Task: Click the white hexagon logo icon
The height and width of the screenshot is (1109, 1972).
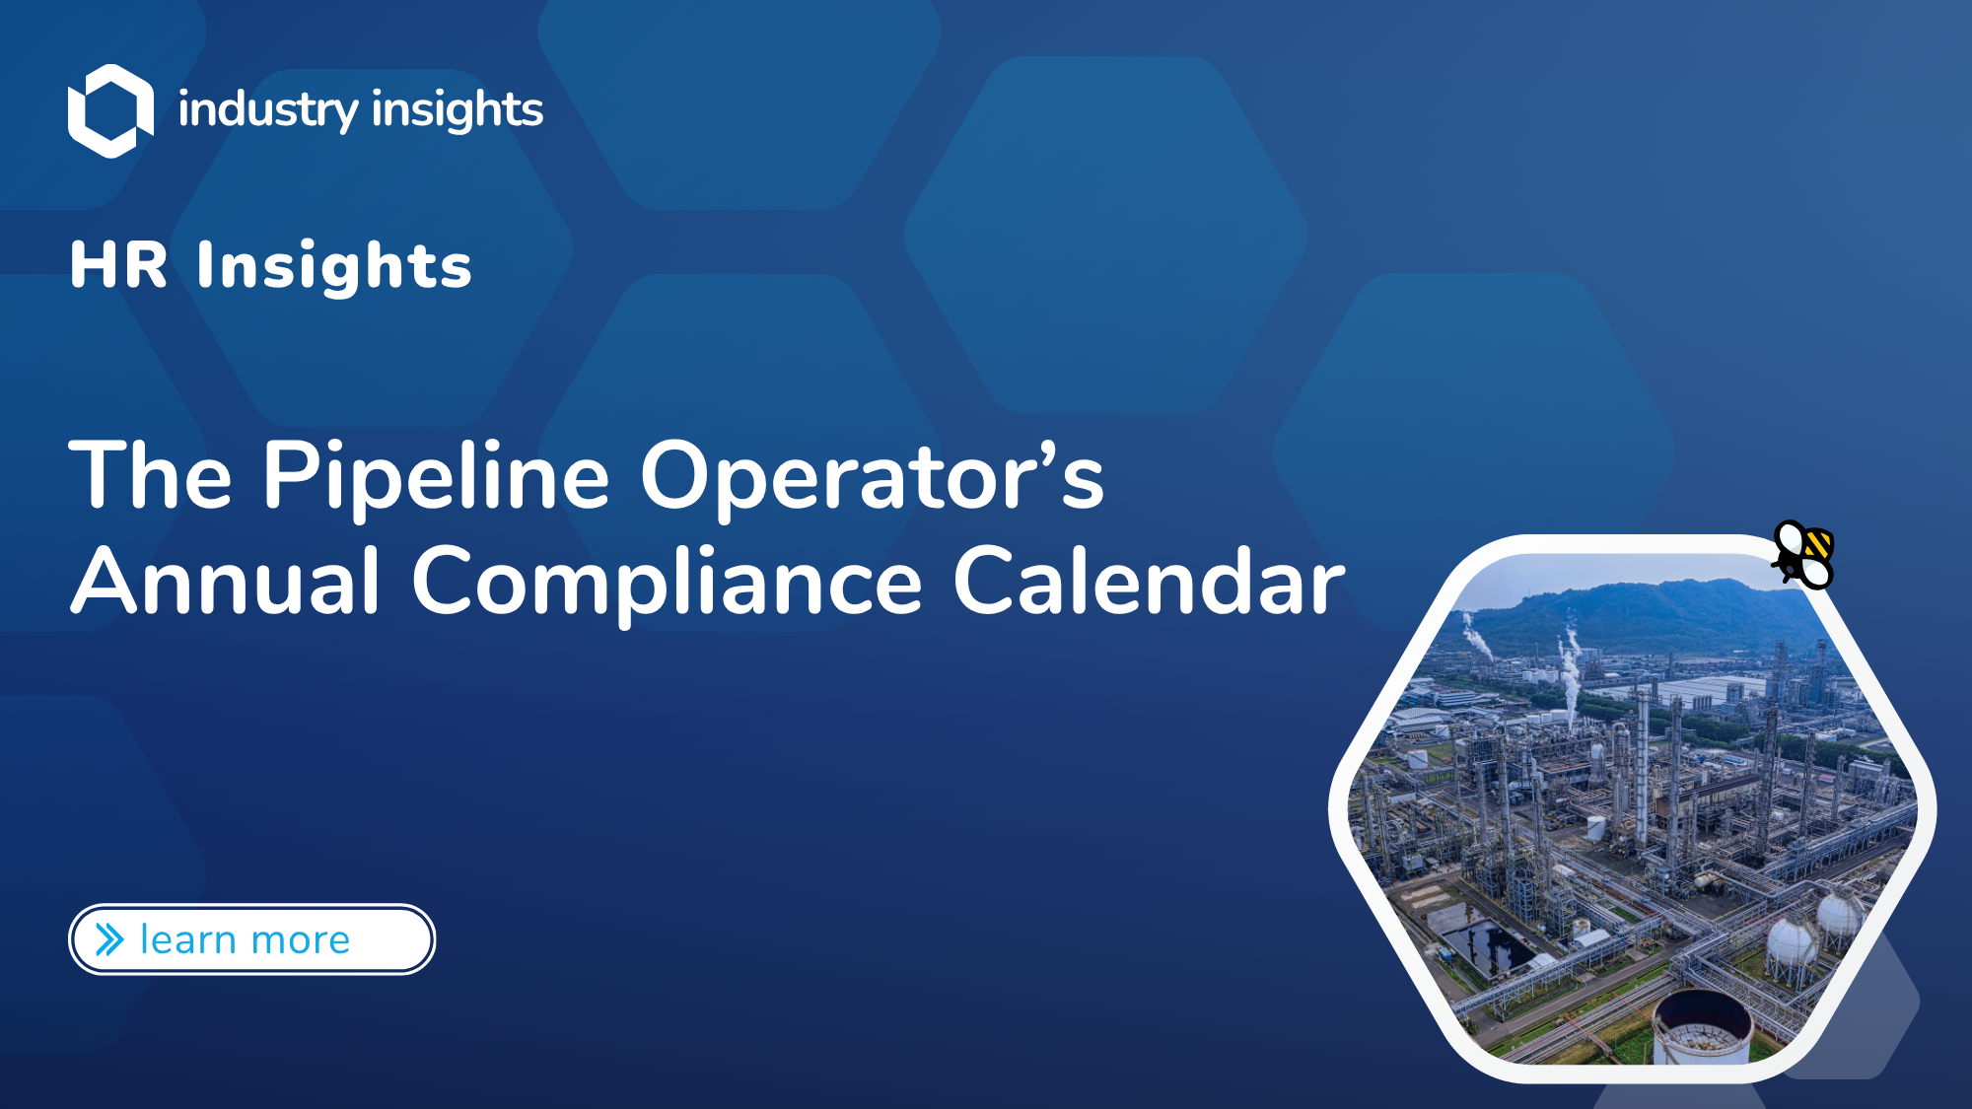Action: (110, 110)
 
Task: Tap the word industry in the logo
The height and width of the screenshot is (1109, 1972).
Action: (268, 109)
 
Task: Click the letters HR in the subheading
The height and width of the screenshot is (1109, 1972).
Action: (119, 265)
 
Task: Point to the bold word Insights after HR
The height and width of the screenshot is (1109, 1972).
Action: (334, 266)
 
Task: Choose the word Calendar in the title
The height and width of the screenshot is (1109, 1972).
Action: (1149, 582)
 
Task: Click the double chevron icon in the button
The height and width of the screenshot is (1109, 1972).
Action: (109, 939)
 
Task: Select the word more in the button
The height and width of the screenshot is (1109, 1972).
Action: (301, 941)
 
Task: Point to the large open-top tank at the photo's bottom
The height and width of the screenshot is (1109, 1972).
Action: (1703, 1028)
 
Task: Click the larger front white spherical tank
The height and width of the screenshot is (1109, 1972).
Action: (1793, 943)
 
